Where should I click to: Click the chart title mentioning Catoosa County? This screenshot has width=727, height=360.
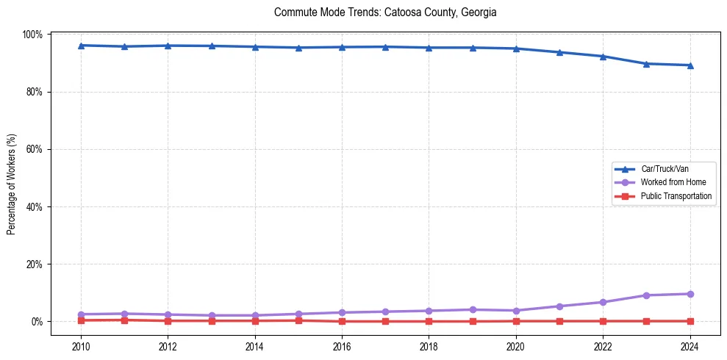385,12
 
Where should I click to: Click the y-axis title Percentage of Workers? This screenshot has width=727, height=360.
12,184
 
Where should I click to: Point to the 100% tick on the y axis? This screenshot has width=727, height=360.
33,35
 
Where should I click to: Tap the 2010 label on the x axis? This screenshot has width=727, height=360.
81,347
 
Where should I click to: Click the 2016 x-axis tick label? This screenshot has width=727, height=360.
342,347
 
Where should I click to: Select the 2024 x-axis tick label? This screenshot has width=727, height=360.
690,347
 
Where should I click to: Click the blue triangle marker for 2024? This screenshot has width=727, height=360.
690,65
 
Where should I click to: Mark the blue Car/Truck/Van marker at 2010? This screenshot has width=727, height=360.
81,46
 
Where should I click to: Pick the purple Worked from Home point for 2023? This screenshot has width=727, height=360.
646,295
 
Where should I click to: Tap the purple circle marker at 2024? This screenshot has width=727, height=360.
690,294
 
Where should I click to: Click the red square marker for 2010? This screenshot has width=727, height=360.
81,320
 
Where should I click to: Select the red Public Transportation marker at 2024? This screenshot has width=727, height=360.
690,321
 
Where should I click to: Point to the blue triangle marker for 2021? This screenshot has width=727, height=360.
559,52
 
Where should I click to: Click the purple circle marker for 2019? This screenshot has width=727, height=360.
473,309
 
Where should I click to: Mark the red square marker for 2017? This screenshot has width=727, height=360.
385,321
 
